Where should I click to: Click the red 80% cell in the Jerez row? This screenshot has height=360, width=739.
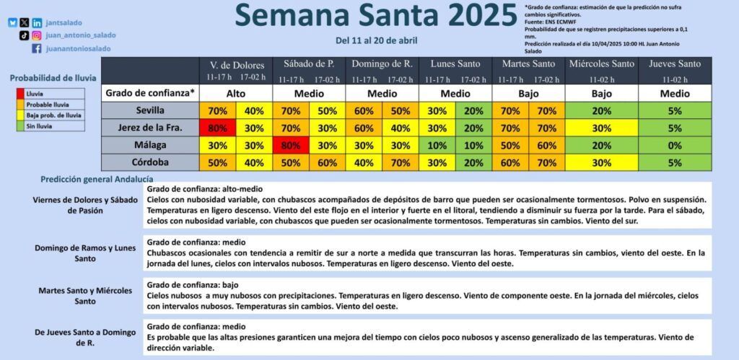(217, 128)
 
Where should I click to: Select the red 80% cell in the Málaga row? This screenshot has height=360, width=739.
(290, 146)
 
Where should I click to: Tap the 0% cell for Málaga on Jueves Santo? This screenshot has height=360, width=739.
(675, 146)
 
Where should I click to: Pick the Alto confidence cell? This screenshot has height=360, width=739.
(236, 93)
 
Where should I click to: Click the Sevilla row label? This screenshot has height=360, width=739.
(150, 110)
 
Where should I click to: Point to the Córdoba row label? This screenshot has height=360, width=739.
(150, 162)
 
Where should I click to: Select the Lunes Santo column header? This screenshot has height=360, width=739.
(455, 64)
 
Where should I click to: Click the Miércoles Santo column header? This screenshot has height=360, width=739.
(601, 64)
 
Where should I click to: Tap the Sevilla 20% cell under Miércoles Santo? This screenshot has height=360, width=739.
(602, 110)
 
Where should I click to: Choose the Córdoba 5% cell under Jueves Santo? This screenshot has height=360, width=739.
(675, 162)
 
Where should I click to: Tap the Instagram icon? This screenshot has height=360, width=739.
(37, 35)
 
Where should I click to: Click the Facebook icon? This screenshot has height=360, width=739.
(37, 48)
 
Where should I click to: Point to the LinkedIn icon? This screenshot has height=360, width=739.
(37, 22)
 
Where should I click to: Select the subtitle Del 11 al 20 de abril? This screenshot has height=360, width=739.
(377, 40)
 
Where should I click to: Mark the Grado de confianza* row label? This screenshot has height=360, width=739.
(150, 93)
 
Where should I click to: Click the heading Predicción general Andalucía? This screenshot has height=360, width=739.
(97, 179)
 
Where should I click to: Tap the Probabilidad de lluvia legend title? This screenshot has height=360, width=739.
(53, 78)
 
